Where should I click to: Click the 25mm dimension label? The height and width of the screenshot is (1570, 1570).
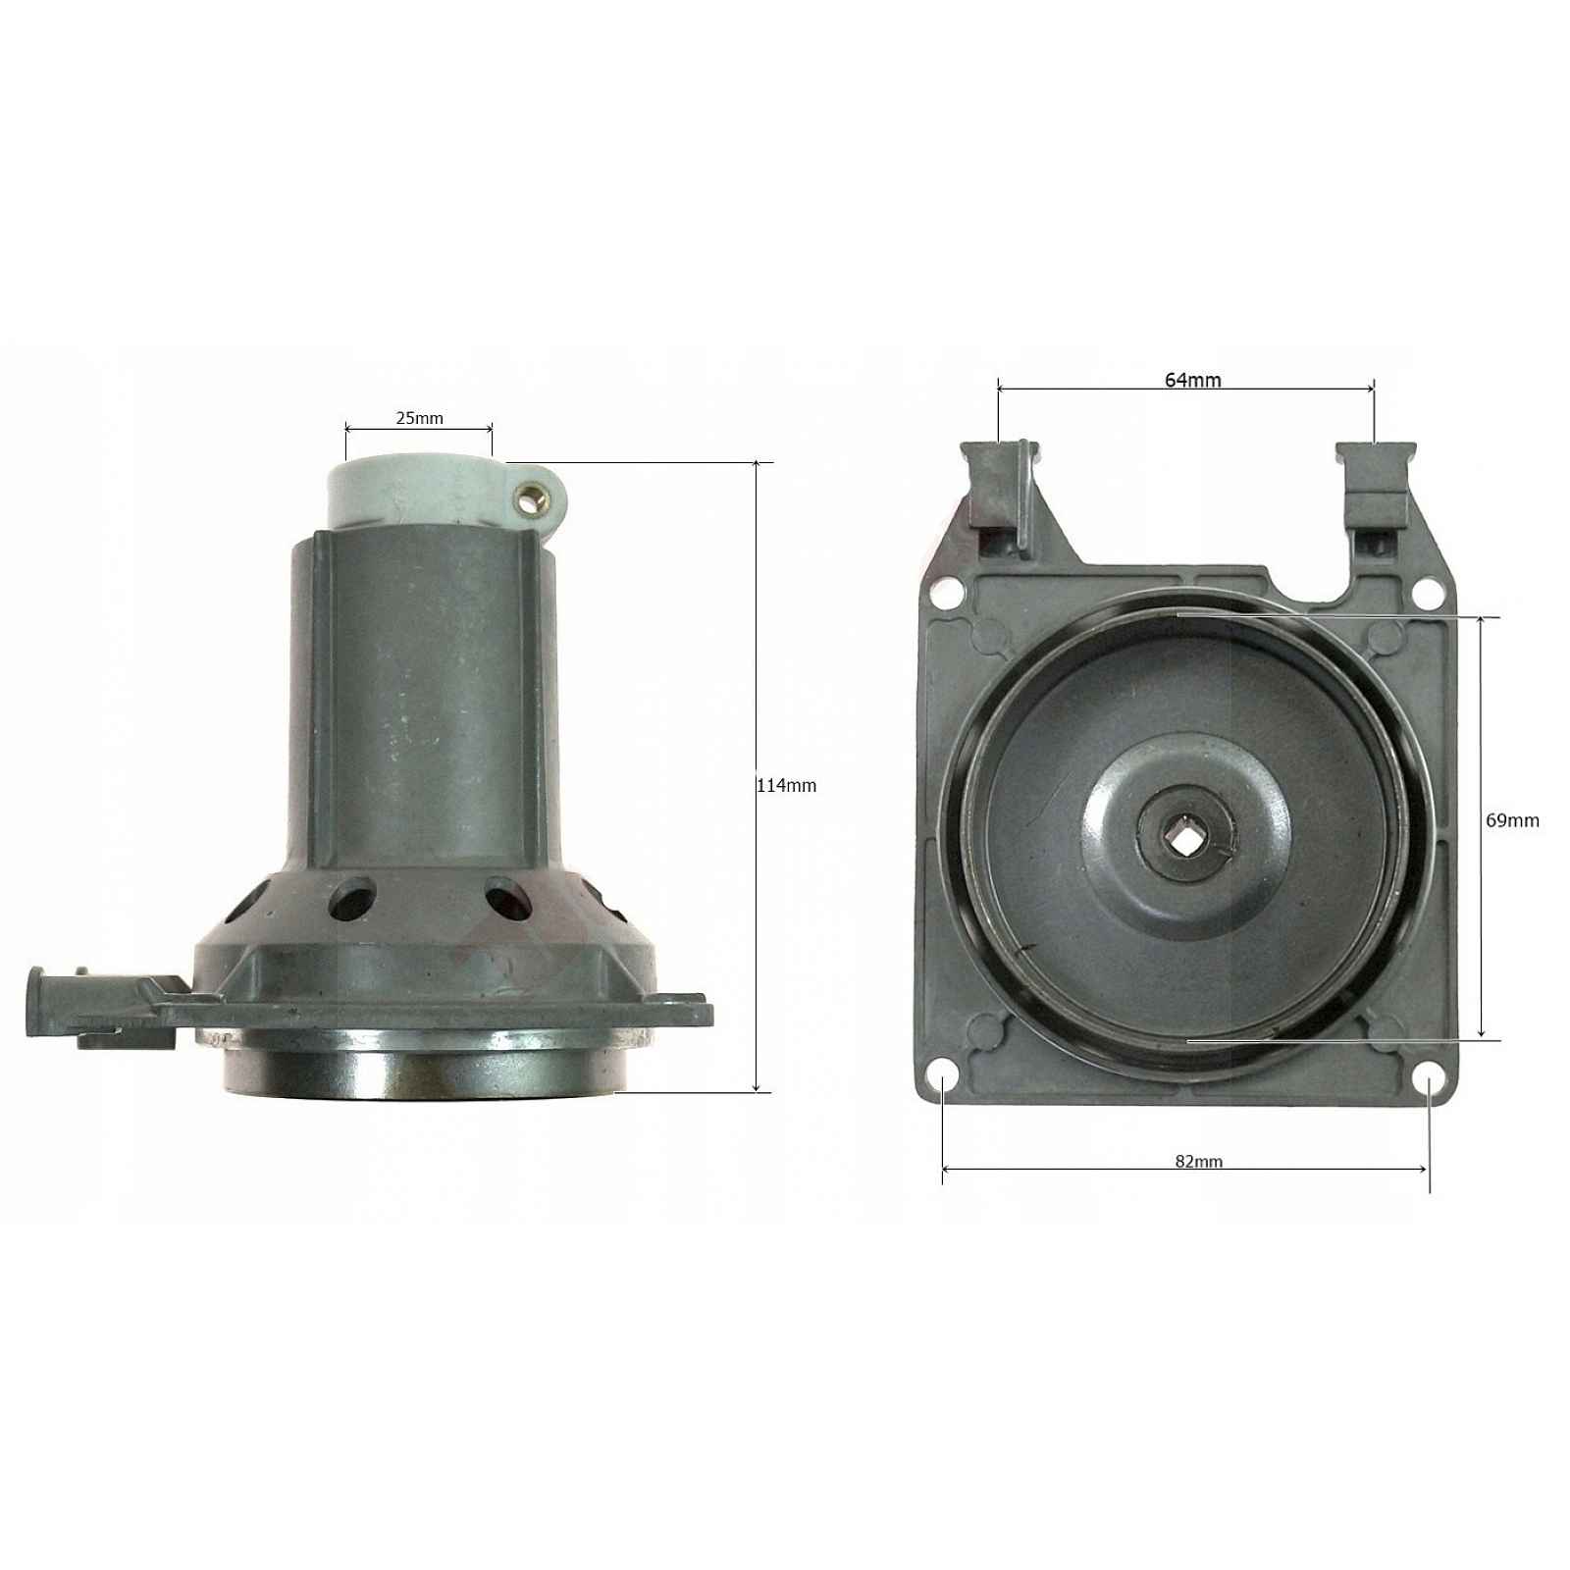pos(419,418)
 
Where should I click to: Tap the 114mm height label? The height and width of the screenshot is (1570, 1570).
pos(786,785)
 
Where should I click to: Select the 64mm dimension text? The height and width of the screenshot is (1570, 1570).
pos(1193,380)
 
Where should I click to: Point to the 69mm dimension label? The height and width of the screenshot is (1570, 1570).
pos(1512,820)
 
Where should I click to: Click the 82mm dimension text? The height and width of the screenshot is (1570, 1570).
pos(1199,1161)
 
